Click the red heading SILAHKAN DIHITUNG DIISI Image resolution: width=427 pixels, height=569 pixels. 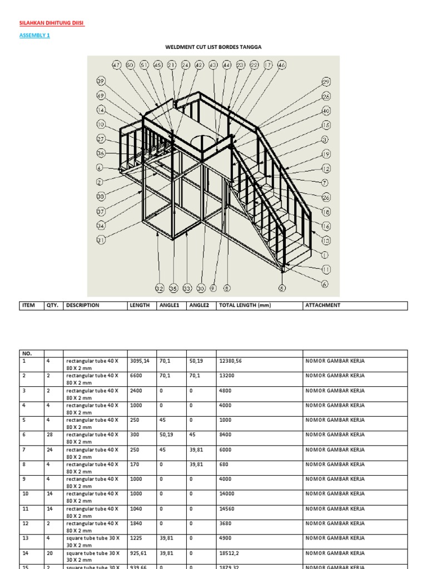(52, 23)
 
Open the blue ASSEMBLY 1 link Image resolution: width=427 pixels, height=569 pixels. (34, 36)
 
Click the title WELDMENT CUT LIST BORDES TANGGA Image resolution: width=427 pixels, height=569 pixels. (213, 47)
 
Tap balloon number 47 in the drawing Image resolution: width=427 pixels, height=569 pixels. (116, 65)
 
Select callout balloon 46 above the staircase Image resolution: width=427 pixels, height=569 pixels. (281, 65)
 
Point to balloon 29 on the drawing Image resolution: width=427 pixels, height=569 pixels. (326, 82)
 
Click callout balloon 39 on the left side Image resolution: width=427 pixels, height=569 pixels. (101, 81)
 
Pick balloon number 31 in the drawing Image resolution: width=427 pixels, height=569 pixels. (101, 240)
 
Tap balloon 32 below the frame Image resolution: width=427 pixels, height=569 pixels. (160, 288)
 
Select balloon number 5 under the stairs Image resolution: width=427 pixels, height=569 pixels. (282, 288)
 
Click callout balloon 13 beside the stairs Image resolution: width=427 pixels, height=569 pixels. (326, 241)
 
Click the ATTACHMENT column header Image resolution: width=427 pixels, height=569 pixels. (322, 305)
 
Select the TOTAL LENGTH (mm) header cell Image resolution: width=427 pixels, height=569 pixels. (245, 305)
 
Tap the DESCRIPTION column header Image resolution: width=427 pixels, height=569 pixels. (83, 305)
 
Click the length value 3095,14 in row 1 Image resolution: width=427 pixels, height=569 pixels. (140, 361)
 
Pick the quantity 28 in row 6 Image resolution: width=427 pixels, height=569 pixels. (49, 435)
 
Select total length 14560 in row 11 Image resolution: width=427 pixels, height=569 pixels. (228, 509)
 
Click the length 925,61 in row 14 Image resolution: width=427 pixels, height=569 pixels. (140, 553)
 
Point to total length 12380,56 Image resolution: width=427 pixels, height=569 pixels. (230, 361)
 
